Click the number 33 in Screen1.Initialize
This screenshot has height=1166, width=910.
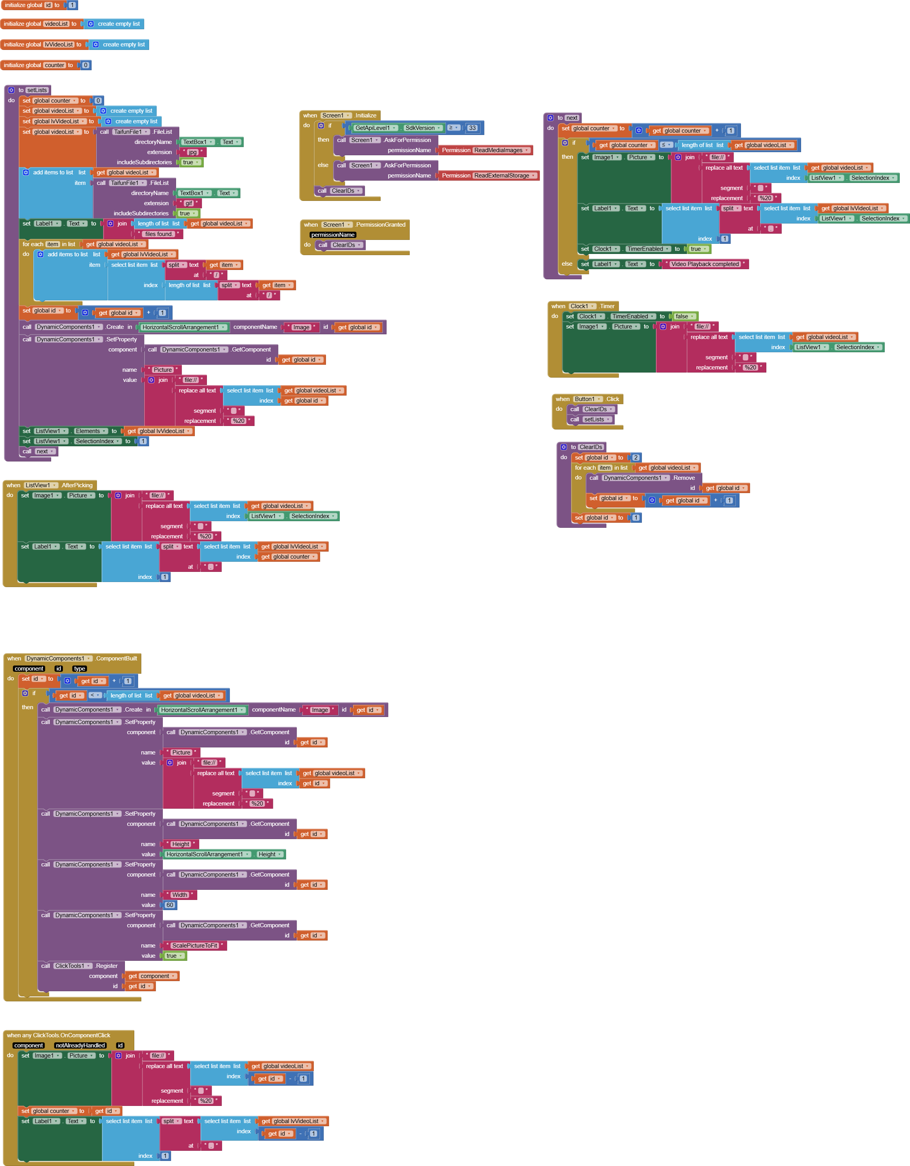coord(472,128)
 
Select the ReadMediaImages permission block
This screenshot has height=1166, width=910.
coord(485,151)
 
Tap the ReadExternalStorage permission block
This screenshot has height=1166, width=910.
coord(488,176)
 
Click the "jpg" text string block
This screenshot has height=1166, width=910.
coord(192,152)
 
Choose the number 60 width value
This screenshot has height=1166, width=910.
coord(170,905)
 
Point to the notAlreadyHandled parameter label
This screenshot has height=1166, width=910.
coord(80,1045)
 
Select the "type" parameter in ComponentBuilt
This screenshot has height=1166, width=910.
coord(80,668)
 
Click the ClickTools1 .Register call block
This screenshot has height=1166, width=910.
coord(81,966)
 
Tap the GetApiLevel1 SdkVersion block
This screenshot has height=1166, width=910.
coord(398,128)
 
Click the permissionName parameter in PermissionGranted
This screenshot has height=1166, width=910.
coord(333,235)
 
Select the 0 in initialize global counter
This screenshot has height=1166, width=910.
coord(85,65)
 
